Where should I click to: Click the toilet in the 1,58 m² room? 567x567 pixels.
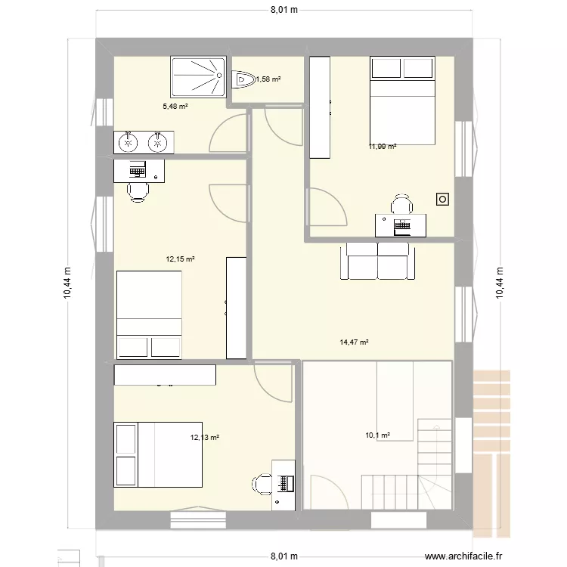click(243, 79)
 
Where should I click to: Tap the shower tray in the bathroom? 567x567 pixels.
click(199, 76)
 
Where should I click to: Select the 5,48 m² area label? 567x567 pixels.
click(175, 107)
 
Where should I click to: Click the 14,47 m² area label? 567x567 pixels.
click(354, 342)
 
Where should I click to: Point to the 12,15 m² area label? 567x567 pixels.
click(180, 259)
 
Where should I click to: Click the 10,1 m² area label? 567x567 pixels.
click(377, 435)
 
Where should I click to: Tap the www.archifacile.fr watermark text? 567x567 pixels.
click(463, 556)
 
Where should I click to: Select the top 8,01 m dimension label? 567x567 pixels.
click(284, 10)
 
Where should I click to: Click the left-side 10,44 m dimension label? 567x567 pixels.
click(67, 283)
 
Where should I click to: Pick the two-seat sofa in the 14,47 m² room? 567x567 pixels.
click(377, 261)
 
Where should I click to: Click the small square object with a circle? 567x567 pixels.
click(442, 200)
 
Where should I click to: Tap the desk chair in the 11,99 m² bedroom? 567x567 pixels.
click(401, 204)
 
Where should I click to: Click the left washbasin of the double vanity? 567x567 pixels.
click(128, 142)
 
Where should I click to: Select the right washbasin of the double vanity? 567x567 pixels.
click(157, 142)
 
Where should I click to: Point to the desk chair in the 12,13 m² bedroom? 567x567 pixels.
click(262, 484)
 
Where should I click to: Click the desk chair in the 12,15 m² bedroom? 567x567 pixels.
click(138, 192)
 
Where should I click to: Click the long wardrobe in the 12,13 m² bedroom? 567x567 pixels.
click(165, 375)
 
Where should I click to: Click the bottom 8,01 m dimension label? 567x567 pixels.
click(284, 556)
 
